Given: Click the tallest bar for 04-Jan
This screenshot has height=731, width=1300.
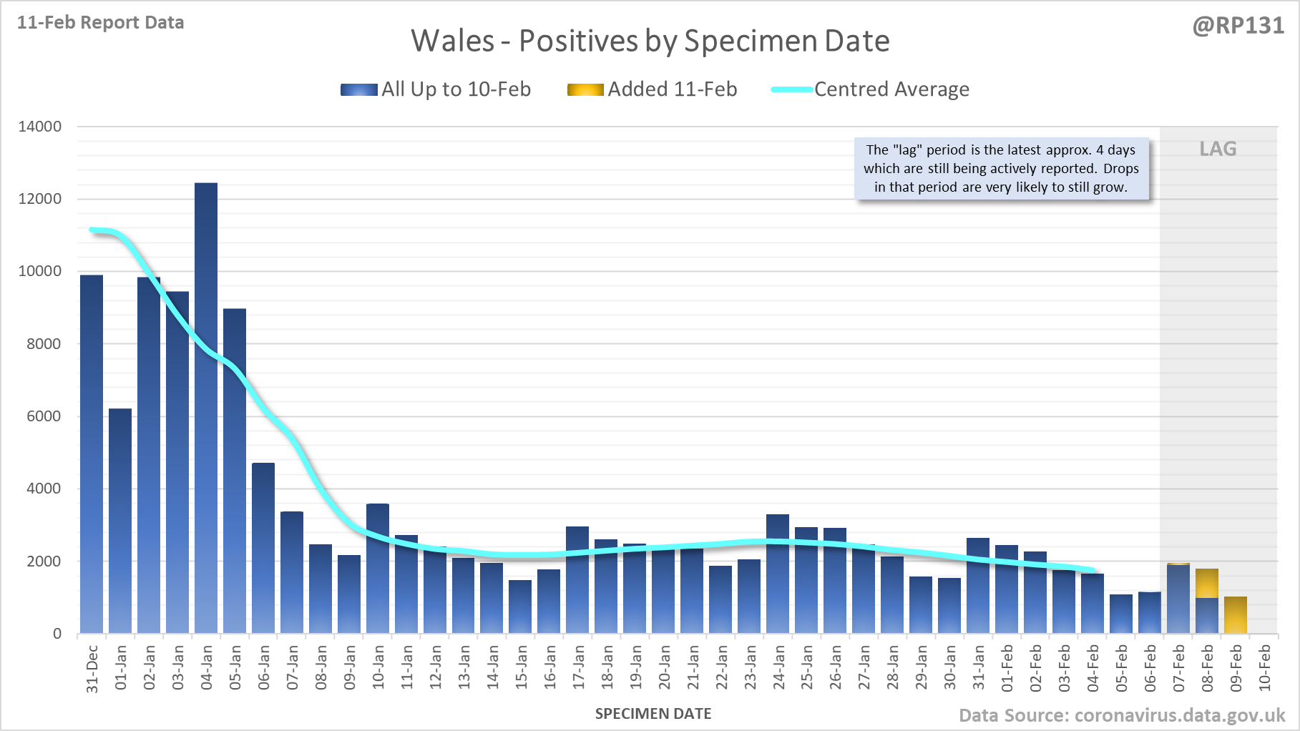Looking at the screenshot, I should [x=206, y=408].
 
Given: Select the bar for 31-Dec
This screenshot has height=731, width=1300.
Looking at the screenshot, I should [x=92, y=454].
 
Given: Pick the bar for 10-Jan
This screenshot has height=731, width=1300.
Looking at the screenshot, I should [x=378, y=569].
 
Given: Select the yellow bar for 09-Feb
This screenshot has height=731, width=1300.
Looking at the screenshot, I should [x=1236, y=615].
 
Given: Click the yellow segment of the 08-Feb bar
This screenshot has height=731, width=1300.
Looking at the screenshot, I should [x=1207, y=584].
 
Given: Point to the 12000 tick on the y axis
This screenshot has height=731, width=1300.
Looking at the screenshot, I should [x=40, y=199].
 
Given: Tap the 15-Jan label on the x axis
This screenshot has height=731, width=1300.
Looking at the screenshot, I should [x=522, y=667].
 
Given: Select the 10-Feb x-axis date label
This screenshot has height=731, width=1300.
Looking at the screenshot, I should [x=1265, y=667].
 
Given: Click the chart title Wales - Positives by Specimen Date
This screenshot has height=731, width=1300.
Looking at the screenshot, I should [x=650, y=41].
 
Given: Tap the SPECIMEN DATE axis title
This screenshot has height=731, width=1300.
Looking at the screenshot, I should [x=653, y=714].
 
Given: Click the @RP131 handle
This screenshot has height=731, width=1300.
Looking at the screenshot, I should [x=1238, y=26].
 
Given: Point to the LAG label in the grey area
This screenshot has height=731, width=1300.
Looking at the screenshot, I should [x=1218, y=149].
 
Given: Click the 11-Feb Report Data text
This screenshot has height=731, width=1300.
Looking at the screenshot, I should [x=101, y=22].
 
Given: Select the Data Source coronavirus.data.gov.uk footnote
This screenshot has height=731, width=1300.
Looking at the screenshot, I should [x=1122, y=715].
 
